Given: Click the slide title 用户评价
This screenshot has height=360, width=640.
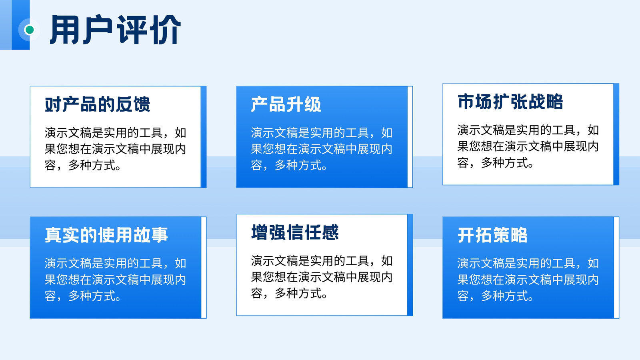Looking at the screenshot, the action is point(116,30).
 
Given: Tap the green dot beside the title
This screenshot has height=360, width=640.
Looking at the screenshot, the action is point(30,30).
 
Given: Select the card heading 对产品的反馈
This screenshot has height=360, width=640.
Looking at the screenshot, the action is point(98,104).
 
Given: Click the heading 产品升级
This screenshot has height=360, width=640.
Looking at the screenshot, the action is point(286,104).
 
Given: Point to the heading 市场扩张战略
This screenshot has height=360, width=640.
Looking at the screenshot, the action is point(510,102).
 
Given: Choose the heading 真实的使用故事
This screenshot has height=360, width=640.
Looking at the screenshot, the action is point(106,235).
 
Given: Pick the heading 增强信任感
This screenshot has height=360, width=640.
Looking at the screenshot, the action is point(295,232).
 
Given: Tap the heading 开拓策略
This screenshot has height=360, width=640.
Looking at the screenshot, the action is point(492,235).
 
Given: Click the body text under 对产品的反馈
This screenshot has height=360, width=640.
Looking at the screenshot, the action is point(116,149).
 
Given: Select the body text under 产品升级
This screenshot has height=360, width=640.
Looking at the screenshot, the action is point(322,149).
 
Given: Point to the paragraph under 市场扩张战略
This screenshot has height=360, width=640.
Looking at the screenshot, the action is point(528,146).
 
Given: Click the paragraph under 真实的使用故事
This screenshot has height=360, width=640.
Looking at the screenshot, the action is point(116,280).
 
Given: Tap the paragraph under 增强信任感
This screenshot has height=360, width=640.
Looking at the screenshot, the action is point(322,277).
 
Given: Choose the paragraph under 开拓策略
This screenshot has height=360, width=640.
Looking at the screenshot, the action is point(528,280).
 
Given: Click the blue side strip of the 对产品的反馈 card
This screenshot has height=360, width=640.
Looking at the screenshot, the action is point(204,137).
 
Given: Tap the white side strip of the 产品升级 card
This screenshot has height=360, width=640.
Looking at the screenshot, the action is point(410,137).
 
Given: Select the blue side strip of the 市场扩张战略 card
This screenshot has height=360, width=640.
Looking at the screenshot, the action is point(616,134).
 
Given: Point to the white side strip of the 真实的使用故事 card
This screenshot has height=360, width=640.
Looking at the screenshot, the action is point(204,268).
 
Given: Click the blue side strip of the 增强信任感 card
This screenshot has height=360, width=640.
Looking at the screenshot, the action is point(410,265).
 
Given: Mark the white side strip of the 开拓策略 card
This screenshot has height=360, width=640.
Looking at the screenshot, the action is point(616,268).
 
